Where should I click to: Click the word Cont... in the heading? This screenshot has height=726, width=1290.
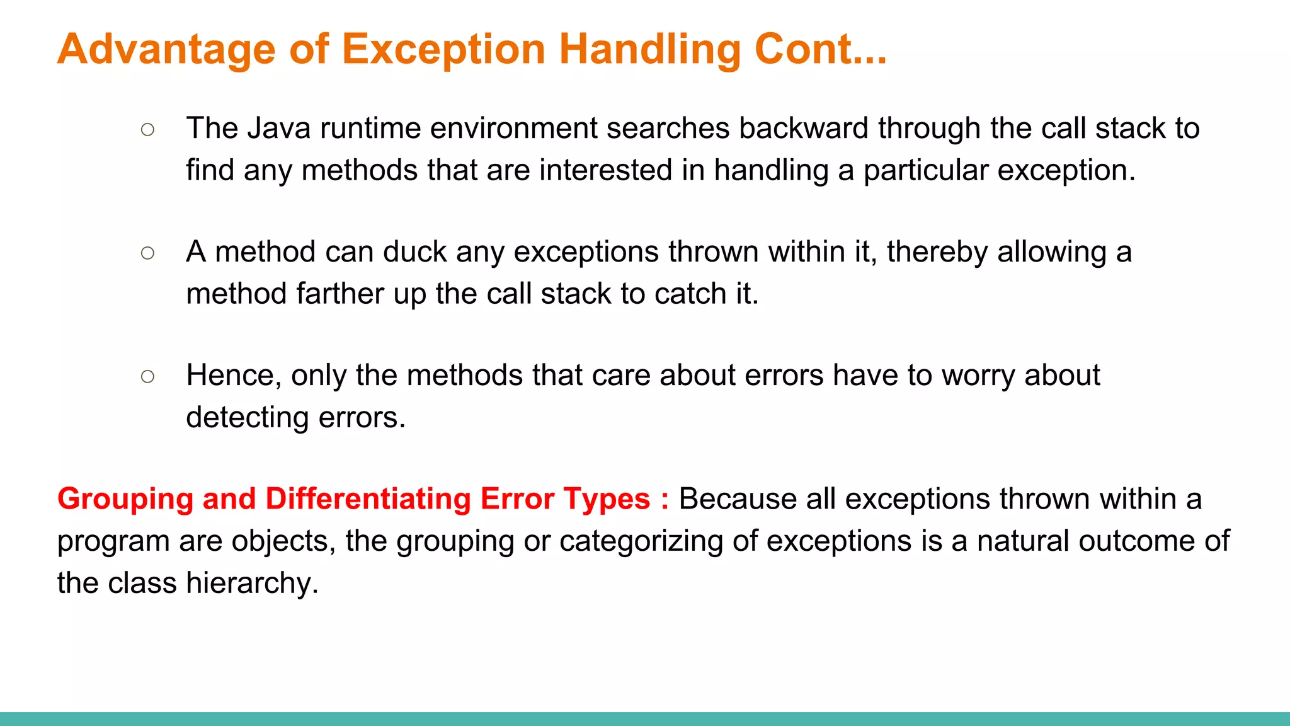pyautogui.click(x=820, y=49)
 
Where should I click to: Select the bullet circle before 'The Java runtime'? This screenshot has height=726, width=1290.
pyautogui.click(x=148, y=130)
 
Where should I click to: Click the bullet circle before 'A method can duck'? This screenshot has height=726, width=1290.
pyautogui.click(x=148, y=253)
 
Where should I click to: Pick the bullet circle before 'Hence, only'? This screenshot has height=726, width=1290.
pyautogui.click(x=148, y=377)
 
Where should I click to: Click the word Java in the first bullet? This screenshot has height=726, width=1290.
pyautogui.click(x=278, y=129)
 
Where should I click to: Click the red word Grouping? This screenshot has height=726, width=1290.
pyautogui.click(x=125, y=500)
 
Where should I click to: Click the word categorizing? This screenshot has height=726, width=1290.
pyautogui.click(x=641, y=541)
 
